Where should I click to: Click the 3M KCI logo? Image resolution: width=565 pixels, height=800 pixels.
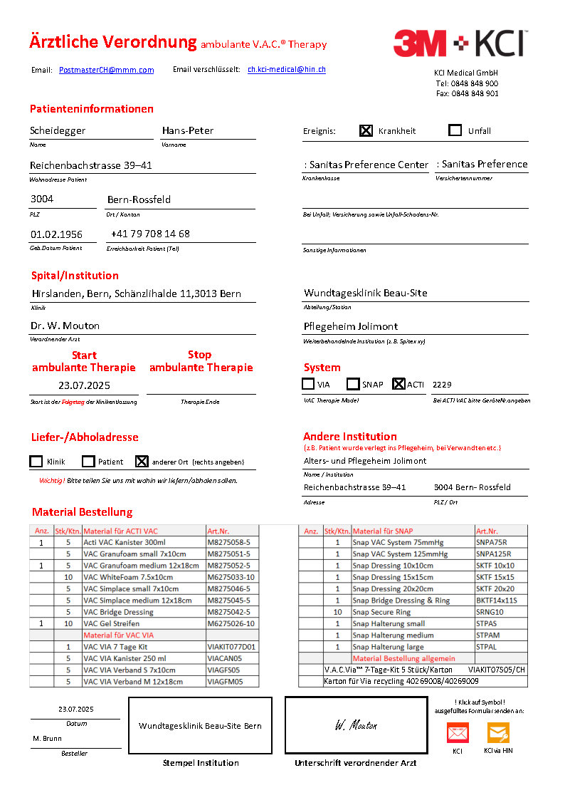[x=460, y=43]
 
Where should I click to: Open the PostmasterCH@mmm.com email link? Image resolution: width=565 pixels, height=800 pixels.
[x=106, y=70]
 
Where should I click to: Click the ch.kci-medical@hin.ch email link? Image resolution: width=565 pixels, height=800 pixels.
[x=286, y=70]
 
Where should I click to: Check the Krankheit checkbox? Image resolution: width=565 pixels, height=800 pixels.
[x=366, y=130]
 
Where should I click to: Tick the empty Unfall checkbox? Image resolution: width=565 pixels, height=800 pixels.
[x=455, y=130]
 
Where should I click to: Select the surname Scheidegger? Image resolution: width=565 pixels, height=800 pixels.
[x=58, y=130]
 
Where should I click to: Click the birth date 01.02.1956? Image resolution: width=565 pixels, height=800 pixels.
[x=56, y=234]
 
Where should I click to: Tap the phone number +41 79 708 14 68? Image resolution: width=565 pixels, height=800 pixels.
[x=150, y=234]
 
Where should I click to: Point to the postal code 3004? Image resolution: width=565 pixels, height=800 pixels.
[x=41, y=199]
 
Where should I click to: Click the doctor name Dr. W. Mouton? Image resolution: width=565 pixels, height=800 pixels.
[x=65, y=326]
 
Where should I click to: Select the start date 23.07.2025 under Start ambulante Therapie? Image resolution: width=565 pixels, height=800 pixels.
[x=84, y=385]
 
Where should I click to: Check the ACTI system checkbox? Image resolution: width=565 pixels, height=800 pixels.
[x=398, y=384]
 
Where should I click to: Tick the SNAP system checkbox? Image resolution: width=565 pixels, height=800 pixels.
[x=353, y=384]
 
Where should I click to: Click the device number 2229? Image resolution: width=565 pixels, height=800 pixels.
[x=442, y=385]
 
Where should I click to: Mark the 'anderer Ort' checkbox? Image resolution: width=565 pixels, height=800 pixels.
[x=142, y=461]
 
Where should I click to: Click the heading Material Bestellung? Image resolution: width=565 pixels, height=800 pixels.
[x=82, y=512]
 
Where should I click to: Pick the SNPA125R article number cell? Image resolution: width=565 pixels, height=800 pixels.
[x=493, y=554]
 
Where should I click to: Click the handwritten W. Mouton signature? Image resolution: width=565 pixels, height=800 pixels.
[x=356, y=725]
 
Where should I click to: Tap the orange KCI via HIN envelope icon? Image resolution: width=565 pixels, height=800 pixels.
[x=498, y=733]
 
